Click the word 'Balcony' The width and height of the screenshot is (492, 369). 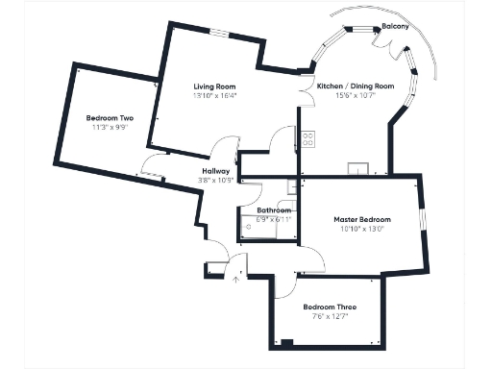pyautogui.click(x=394, y=28)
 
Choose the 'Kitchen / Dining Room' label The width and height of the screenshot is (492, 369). pyautogui.click(x=356, y=86)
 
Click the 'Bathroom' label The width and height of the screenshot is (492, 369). pyautogui.click(x=274, y=210)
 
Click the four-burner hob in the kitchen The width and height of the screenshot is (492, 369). pyautogui.click(x=308, y=138)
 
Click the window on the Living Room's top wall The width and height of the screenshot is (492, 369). pyautogui.click(x=220, y=35)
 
